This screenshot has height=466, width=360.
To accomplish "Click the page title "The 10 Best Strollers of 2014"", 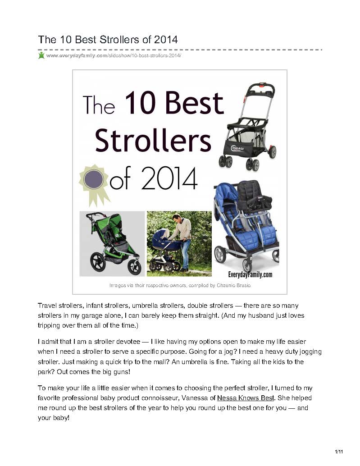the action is click(x=108, y=40).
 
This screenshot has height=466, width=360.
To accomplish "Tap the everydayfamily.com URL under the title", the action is click(x=114, y=55).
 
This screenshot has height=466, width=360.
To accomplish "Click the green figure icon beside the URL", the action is click(x=41, y=55).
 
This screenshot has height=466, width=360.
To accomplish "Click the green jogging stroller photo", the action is click(x=112, y=244).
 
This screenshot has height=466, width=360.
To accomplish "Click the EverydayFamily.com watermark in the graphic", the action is click(x=250, y=274).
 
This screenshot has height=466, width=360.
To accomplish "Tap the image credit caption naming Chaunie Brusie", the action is click(x=180, y=285).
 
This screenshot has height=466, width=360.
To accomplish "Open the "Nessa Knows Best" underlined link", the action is click(x=246, y=398).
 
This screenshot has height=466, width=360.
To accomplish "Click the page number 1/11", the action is click(x=339, y=452).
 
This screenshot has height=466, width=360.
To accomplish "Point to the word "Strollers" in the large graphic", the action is click(x=153, y=141).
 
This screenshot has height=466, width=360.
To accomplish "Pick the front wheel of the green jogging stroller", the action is click(x=134, y=267).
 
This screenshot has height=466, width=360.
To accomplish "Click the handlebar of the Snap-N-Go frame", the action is click(x=260, y=87).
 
